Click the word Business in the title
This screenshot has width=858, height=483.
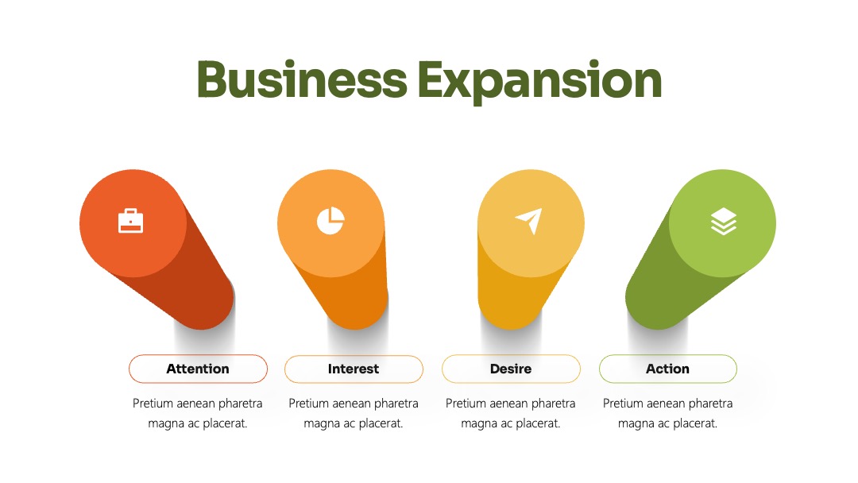click(302, 80)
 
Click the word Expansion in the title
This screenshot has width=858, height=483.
click(540, 82)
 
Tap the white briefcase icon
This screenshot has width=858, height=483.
click(131, 221)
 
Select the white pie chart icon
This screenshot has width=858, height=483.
click(330, 221)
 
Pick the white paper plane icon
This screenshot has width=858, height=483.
click(529, 220)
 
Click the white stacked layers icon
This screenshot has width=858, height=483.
click(724, 221)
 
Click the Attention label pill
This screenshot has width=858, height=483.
click(198, 369)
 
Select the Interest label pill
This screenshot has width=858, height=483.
click(354, 369)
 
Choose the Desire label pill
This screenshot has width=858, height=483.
click(511, 369)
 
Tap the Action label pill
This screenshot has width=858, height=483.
click(668, 369)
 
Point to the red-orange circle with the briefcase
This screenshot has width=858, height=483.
click(133, 223)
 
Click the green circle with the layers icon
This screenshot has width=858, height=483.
click(722, 223)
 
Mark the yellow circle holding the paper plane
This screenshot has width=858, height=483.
click(531, 223)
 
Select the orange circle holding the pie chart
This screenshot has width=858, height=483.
click(331, 223)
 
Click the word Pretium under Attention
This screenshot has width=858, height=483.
click(153, 404)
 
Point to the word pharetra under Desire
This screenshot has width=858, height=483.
click(553, 404)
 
